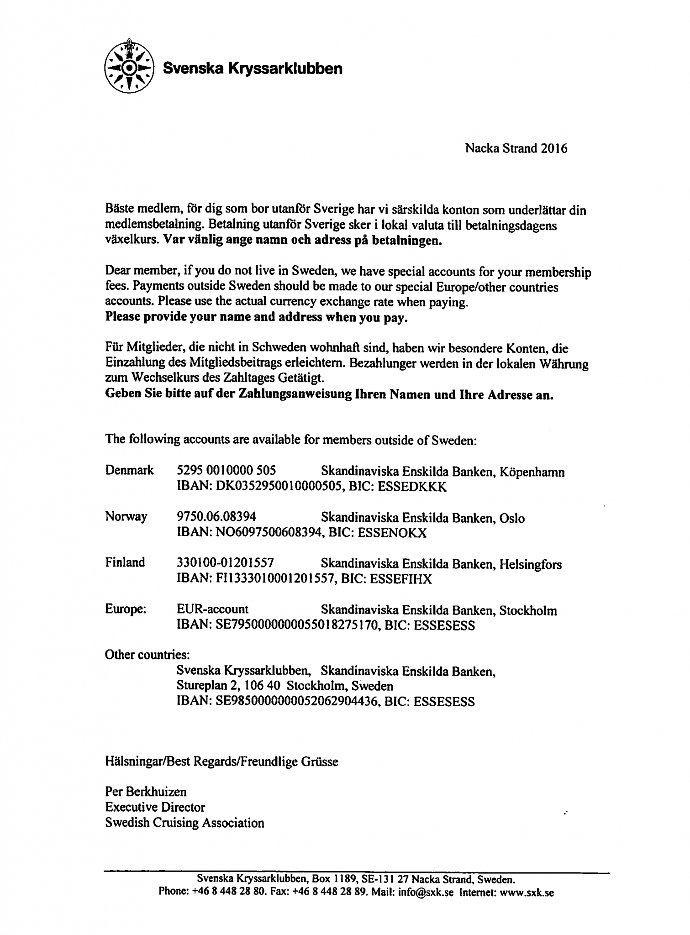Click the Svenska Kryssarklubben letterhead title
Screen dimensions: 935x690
point(253,68)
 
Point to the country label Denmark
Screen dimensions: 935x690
point(129,470)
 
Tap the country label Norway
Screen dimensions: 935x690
point(126,516)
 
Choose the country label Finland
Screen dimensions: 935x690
point(125,562)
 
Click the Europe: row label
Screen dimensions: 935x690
point(126,609)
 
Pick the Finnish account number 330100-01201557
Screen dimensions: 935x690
point(225,563)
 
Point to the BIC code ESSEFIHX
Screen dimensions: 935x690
point(400,579)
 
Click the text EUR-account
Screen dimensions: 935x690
point(212,609)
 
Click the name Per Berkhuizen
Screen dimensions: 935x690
point(146,791)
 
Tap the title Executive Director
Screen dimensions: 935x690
point(155,807)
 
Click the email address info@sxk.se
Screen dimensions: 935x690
point(426,892)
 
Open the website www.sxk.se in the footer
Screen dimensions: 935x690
point(527,892)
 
